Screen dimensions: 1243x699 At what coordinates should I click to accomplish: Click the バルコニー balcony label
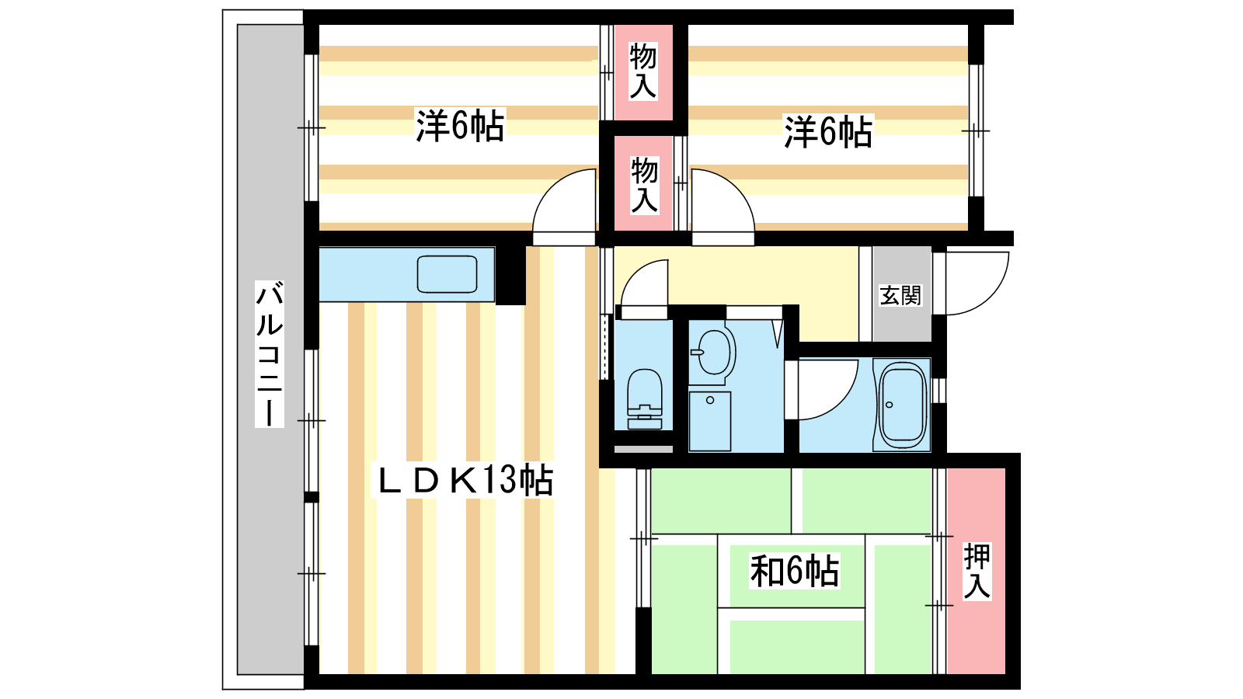pos(269,354)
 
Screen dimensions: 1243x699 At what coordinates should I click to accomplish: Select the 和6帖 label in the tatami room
pos(795,571)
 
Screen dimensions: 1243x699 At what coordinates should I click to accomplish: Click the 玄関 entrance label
pos(900,296)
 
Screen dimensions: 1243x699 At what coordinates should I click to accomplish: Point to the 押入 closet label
pos(977,572)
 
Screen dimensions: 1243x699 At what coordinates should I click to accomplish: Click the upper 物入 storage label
pos(642,71)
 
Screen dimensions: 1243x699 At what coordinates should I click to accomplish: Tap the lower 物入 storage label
pos(644,185)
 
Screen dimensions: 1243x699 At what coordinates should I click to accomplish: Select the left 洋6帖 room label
pos(460,126)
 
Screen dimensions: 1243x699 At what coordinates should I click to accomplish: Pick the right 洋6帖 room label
pos(828,131)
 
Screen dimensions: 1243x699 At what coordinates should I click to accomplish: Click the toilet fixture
pos(644,399)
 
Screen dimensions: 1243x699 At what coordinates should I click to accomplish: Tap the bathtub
pos(902,405)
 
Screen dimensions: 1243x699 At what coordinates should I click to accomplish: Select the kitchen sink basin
pos(447,274)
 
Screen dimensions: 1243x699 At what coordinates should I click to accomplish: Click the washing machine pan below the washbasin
pos(710,421)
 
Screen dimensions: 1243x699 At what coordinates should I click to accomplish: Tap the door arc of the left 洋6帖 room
pos(551,187)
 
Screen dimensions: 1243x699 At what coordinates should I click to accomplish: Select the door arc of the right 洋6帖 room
pos(736,187)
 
